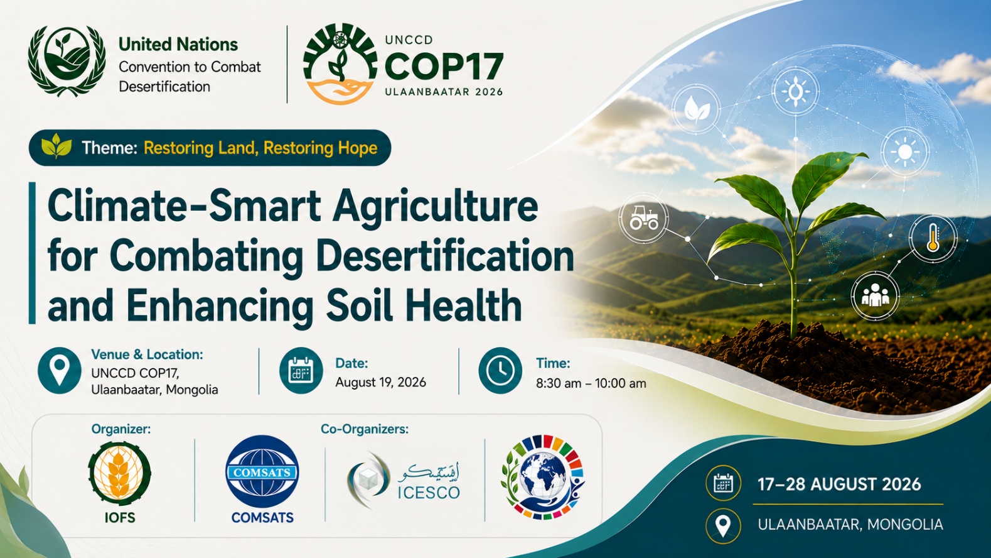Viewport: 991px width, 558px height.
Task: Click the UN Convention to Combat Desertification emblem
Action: (x=67, y=61)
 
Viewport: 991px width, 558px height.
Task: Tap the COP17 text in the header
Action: (x=444, y=67)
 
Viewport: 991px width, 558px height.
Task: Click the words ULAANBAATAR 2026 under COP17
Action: (x=444, y=92)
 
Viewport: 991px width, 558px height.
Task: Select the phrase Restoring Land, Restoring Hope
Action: (x=260, y=148)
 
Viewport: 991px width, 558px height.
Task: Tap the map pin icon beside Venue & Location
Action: (x=60, y=370)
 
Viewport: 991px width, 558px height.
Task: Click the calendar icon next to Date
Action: (x=301, y=370)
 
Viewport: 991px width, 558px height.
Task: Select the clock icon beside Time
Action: (x=500, y=370)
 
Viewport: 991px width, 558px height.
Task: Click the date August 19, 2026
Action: (x=380, y=382)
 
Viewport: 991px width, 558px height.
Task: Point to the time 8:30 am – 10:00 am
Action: (x=591, y=383)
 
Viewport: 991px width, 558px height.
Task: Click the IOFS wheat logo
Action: (x=119, y=474)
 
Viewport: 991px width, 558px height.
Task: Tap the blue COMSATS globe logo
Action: (x=262, y=471)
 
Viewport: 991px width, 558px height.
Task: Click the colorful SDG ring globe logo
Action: (x=543, y=477)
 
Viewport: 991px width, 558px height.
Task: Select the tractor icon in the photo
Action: (x=644, y=218)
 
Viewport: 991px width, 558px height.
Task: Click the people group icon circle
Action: (x=875, y=296)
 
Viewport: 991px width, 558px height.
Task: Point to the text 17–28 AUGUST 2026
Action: (x=839, y=484)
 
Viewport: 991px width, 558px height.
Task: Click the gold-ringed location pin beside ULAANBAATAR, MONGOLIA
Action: (x=724, y=526)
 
